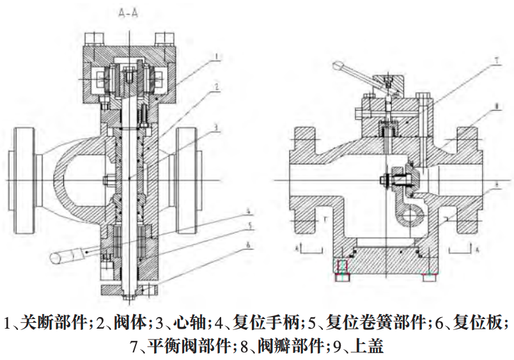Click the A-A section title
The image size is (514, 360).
[x=128, y=12]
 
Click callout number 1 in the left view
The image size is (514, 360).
[x=217, y=57]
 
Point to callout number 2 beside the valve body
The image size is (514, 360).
[x=217, y=86]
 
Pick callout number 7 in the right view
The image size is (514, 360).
[x=495, y=61]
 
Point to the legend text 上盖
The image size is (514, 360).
[x=368, y=347]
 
